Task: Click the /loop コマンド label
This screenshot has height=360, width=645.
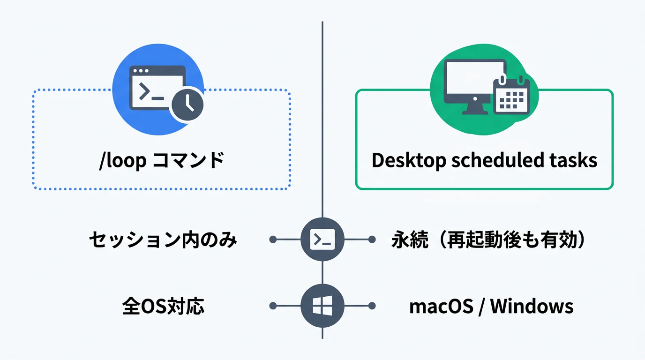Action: tap(161, 160)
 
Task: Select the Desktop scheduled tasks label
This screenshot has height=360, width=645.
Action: tap(484, 160)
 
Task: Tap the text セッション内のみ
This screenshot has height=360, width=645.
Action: tap(163, 240)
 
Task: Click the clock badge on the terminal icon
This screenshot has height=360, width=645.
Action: tap(187, 104)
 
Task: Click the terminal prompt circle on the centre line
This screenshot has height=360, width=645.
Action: tap(322, 240)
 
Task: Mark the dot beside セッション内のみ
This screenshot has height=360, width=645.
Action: tap(273, 240)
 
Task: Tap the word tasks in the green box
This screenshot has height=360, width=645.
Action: tap(575, 160)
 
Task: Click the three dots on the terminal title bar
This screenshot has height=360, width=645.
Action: tap(141, 71)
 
